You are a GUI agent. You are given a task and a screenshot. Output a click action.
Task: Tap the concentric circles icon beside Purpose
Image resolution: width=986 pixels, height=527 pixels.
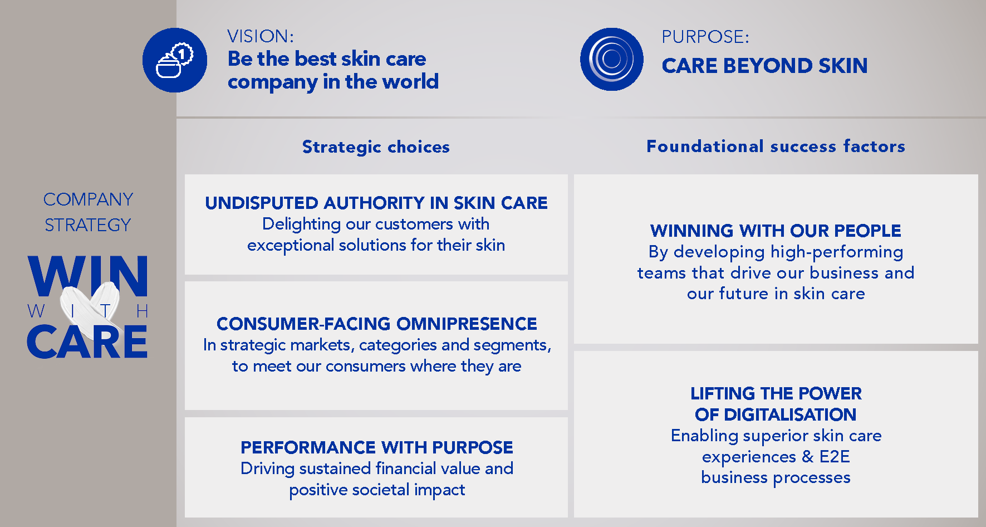click(x=611, y=59)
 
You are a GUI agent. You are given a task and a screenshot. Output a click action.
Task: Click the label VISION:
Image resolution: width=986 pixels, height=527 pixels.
click(x=261, y=36)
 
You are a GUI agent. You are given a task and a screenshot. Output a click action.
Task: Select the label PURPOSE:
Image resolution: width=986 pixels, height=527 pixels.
click(x=705, y=37)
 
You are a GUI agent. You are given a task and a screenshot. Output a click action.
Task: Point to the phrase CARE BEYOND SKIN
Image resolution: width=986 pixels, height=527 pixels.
click(x=764, y=66)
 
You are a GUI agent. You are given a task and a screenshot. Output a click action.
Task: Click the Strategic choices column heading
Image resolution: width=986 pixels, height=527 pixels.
click(x=376, y=147)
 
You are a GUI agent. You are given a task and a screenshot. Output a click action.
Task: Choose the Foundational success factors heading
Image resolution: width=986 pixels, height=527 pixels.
click(x=776, y=146)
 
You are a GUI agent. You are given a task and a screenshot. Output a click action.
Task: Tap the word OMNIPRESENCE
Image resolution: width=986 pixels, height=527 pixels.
click(x=467, y=324)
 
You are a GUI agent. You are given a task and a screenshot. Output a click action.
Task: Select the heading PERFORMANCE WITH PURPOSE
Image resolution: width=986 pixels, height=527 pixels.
click(x=377, y=447)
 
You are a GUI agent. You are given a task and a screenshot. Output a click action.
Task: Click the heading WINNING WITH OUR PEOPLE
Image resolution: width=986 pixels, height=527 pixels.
click(x=776, y=231)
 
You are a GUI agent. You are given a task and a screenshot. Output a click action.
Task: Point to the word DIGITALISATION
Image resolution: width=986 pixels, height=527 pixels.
click(x=790, y=414)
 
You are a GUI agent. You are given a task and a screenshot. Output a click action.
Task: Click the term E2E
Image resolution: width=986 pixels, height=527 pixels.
click(x=835, y=457)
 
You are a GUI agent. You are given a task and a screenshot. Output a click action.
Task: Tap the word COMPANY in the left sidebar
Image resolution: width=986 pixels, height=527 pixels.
click(x=88, y=199)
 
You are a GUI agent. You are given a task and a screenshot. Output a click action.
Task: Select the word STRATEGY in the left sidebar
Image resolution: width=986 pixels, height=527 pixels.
click(x=88, y=225)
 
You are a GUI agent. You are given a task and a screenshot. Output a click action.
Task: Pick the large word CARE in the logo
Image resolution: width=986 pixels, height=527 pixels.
click(x=87, y=341)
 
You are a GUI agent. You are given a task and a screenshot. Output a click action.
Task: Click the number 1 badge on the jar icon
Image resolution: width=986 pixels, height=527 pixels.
click(x=182, y=54)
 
